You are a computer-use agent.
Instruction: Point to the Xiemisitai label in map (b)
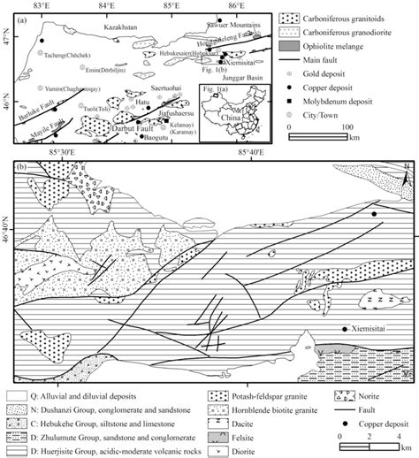click(x=365, y=327)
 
